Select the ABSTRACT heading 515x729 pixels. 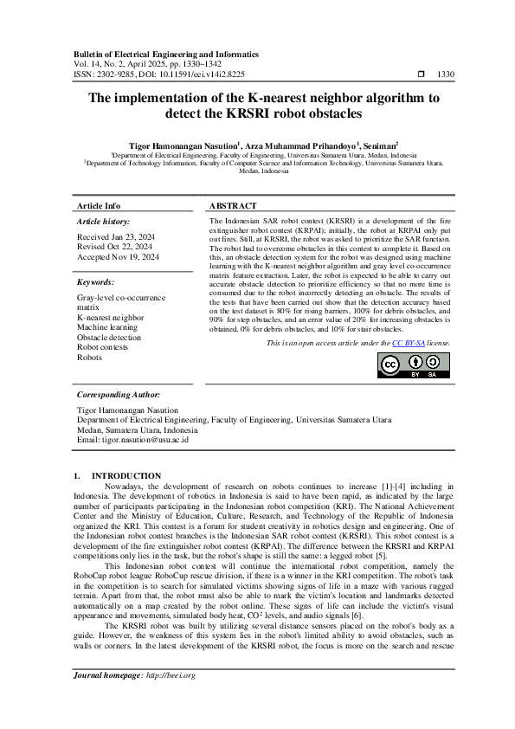(x=233, y=206)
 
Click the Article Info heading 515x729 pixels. (x=99, y=206)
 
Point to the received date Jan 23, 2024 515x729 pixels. (x=116, y=236)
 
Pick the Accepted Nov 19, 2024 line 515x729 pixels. (x=119, y=257)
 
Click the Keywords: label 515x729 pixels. (x=95, y=282)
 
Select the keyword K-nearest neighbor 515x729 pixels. (x=111, y=318)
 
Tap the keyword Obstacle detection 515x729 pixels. (x=108, y=338)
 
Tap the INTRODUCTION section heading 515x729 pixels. (x=126, y=475)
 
